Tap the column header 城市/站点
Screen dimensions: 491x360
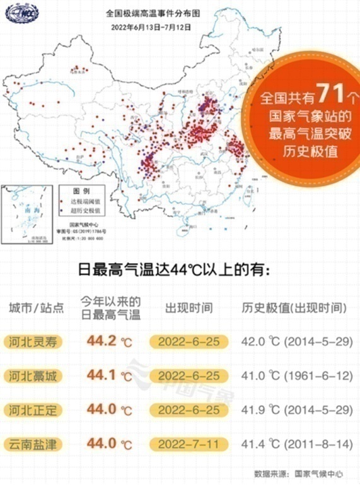tap(37, 309)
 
